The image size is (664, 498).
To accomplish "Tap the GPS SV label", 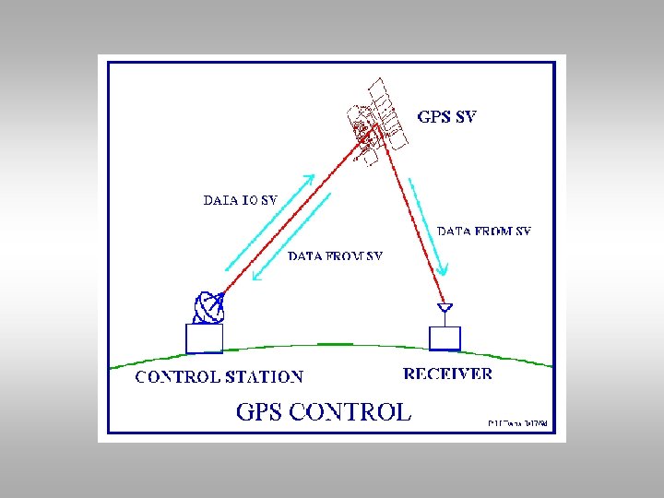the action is coord(447,117).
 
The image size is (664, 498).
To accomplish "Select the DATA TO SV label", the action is coord(240,198).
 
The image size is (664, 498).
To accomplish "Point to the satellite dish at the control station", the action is coord(209,307).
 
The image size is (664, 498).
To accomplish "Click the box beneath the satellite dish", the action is coord(204,338).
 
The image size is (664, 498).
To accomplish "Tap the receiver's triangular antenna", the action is coord(444,309).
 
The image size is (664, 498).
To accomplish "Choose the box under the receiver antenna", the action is coord(444,338).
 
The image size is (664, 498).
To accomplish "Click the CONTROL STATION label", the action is coord(219,376).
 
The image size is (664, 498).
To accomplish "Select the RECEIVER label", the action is coord(448,373).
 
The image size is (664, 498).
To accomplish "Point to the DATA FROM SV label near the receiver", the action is coord(483,231).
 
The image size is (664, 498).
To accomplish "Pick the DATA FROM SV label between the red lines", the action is coord(335,255).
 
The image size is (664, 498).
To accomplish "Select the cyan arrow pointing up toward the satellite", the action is coord(268,221).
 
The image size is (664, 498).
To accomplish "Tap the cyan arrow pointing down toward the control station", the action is coord(293,237).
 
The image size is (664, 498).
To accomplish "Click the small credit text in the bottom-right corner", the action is coord(517,423).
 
